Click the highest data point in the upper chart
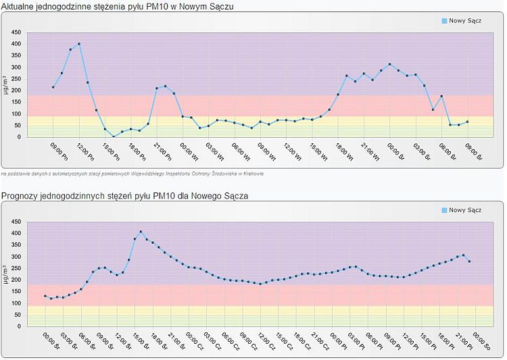79,44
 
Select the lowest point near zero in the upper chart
114,136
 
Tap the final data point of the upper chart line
467,122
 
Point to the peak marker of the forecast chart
141,232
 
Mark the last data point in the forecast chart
469,261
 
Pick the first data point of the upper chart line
53,87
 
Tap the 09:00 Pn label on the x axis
58,151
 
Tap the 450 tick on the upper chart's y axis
16,32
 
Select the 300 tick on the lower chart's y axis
16,257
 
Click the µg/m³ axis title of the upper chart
6,84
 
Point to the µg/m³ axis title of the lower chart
6,274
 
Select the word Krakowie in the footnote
251,174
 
